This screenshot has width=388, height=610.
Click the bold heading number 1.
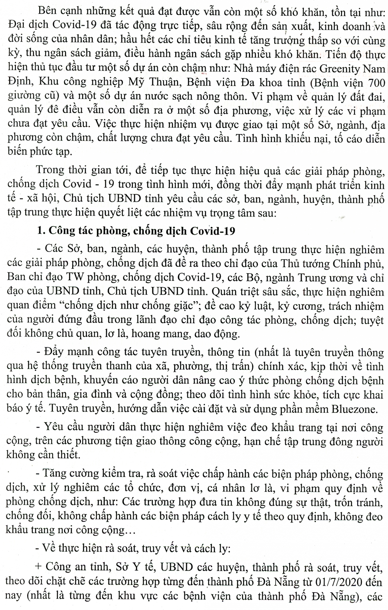tap(40, 231)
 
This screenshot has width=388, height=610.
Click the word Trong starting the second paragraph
tap(50, 170)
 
